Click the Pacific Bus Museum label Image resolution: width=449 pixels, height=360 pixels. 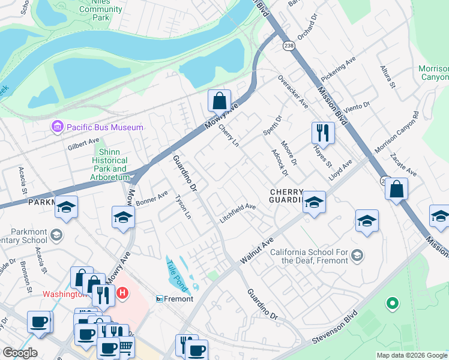point(105,127)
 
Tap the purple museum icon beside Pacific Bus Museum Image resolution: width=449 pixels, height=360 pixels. point(57,127)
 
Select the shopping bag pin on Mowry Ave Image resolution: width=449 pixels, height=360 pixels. point(220,101)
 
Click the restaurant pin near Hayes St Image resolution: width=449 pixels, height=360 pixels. point(323,133)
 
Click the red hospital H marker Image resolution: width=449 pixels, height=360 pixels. point(122,293)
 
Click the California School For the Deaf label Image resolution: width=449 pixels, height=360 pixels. point(309,256)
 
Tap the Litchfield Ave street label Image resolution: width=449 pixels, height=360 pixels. point(238,214)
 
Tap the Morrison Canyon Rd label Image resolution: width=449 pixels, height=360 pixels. point(396,131)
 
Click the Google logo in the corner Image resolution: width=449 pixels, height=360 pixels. point(20,353)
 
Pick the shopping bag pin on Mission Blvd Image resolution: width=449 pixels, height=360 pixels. point(396,190)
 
